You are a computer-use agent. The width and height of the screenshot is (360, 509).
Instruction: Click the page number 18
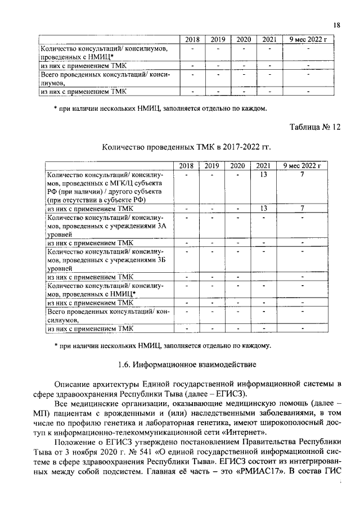(336, 25)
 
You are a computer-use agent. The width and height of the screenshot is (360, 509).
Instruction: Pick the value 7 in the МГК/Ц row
(302, 174)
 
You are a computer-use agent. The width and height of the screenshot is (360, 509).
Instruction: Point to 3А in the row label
(162, 225)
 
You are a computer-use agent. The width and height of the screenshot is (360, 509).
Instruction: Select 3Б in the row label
(162, 259)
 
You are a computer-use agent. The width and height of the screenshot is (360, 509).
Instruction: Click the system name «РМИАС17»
(263, 471)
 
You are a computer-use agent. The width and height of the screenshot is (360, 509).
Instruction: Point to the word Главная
(142, 471)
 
